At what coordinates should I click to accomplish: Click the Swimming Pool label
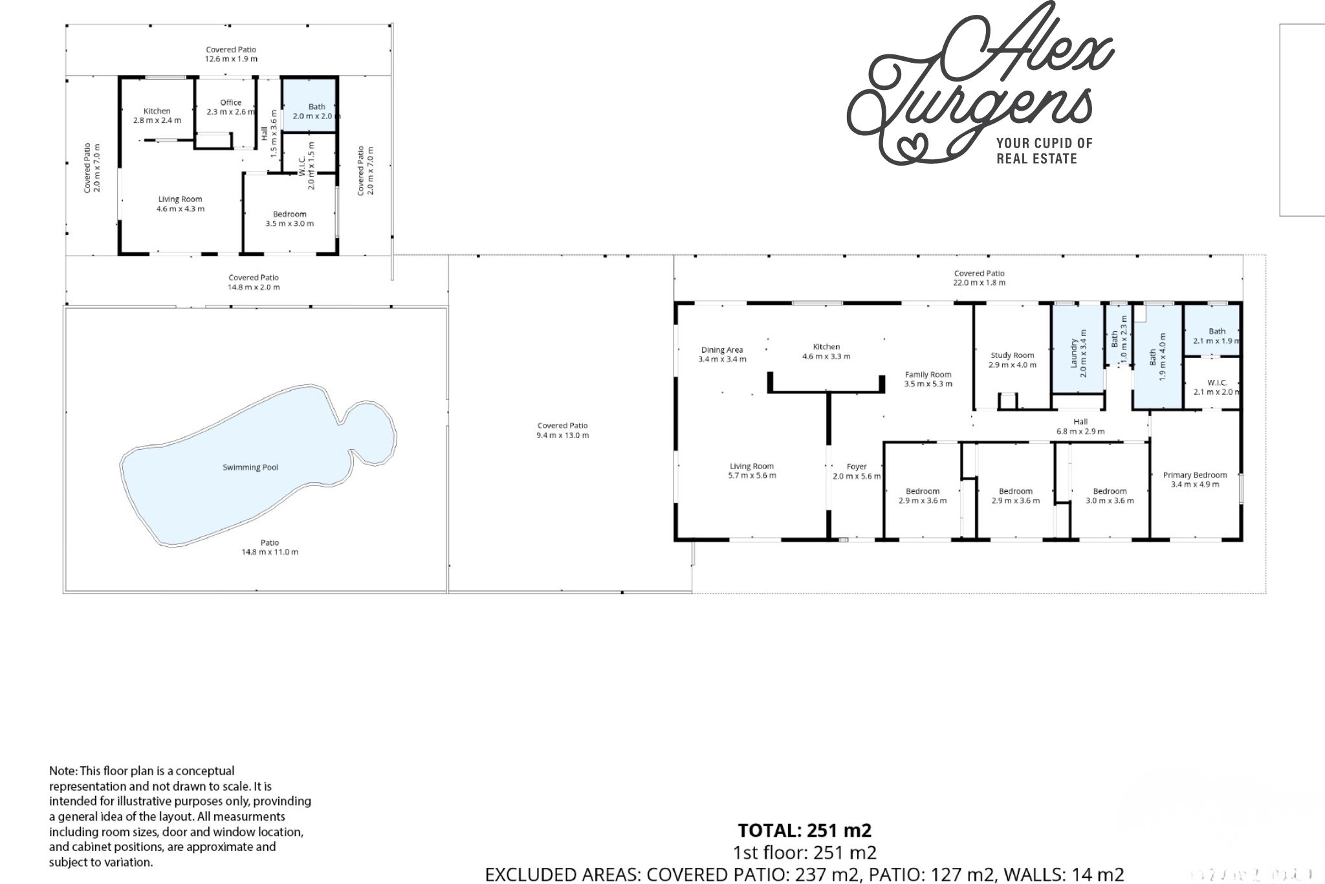click(x=250, y=467)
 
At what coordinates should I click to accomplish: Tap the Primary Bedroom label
click(x=1195, y=475)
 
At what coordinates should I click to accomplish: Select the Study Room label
click(x=1013, y=355)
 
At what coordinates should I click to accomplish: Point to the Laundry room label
click(x=1075, y=353)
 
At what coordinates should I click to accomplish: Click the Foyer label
click(x=857, y=467)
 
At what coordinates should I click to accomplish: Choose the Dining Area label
click(x=722, y=350)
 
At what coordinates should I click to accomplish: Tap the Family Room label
click(x=928, y=375)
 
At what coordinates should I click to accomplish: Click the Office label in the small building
click(x=231, y=102)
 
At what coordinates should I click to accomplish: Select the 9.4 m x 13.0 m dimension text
click(x=562, y=436)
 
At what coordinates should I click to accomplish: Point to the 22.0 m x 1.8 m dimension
click(x=980, y=283)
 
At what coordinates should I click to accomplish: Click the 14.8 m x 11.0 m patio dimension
click(x=270, y=552)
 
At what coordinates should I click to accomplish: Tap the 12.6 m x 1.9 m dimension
click(x=231, y=59)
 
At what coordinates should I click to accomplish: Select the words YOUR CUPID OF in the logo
click(x=1044, y=143)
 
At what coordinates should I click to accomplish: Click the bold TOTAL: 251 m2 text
click(x=805, y=830)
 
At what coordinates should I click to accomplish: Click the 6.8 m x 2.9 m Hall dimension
click(x=1080, y=431)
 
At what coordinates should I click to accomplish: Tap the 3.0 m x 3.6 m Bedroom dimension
click(x=1110, y=500)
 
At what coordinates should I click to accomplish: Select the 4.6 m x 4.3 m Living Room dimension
click(x=181, y=209)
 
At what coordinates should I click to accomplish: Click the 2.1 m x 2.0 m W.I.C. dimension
click(x=1217, y=392)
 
